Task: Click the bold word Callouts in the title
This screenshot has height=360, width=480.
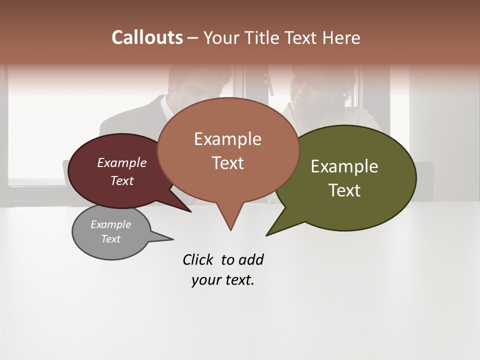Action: point(147,37)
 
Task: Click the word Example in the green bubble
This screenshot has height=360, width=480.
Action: point(344,166)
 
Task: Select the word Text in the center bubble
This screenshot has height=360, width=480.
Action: point(228,163)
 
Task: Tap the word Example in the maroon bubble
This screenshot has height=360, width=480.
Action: point(122,162)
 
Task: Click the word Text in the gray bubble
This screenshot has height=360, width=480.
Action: point(111,239)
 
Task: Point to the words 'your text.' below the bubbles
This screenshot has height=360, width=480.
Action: point(223,280)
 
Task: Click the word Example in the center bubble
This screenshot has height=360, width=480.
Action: point(228,139)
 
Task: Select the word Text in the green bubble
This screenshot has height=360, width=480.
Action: point(345,190)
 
